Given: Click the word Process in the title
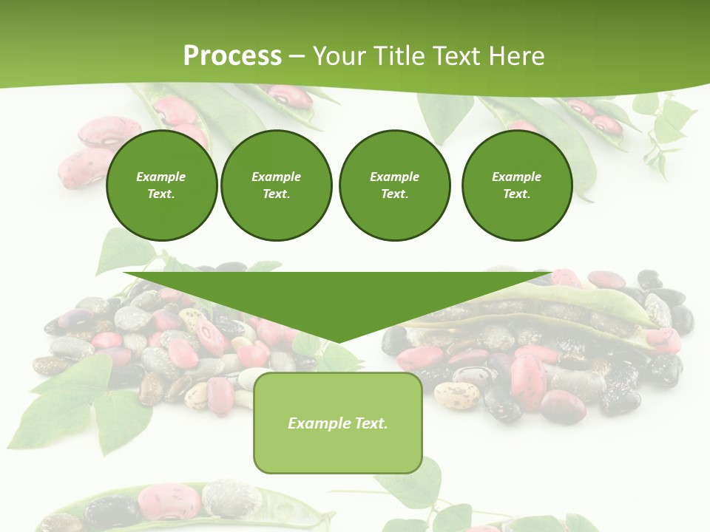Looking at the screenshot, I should (232, 56).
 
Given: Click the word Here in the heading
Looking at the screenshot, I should (517, 56).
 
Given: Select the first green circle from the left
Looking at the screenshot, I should (161, 185).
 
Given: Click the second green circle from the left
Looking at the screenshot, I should (276, 185).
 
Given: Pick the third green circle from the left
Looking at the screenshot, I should (394, 185).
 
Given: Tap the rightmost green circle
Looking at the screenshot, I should (516, 185).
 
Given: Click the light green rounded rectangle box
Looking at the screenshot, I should (337, 423).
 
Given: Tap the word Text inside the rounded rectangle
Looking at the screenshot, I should (369, 423).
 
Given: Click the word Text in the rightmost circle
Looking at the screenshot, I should (516, 194).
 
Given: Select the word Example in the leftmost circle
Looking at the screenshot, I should (161, 177).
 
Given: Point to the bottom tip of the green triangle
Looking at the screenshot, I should (337, 341).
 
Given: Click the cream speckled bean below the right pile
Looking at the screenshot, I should (456, 395).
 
